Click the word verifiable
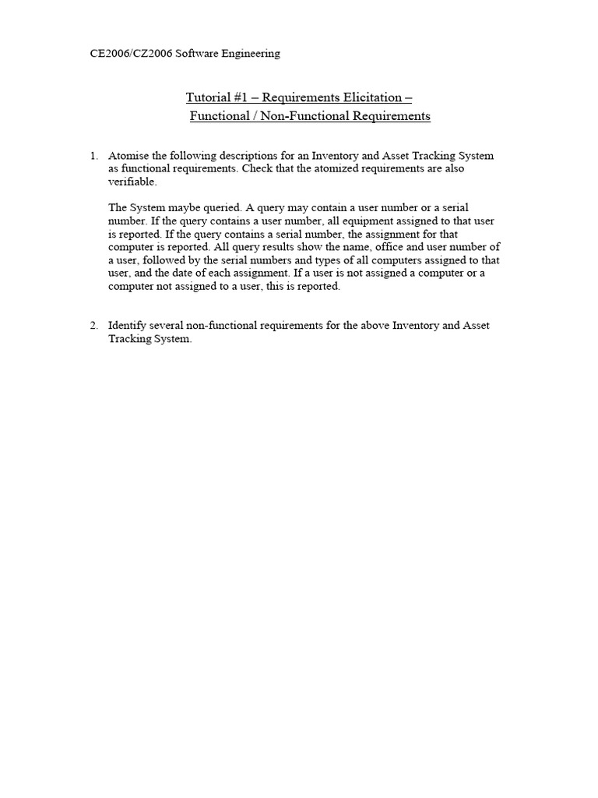click(x=133, y=181)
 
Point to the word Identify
click(x=128, y=325)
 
